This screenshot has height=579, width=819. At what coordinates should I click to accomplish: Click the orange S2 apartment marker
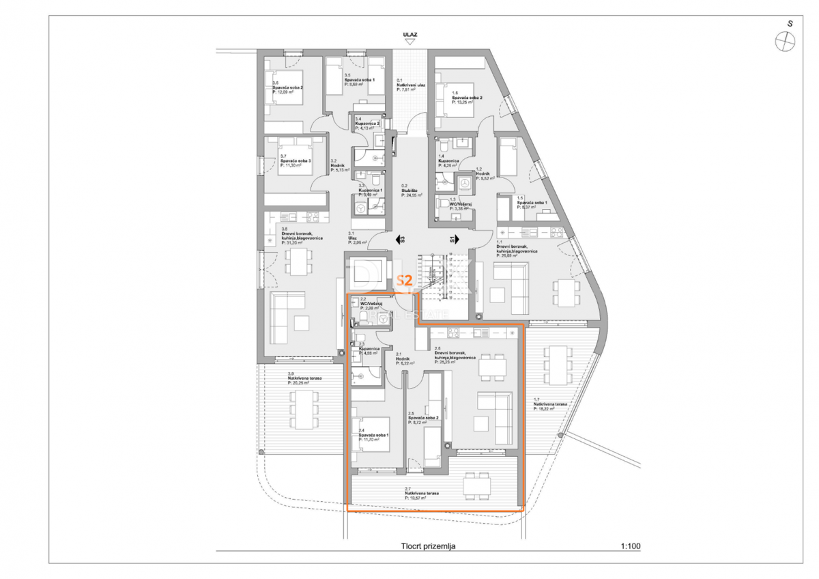click(403, 280)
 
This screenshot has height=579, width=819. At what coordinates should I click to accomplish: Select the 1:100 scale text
click(631, 546)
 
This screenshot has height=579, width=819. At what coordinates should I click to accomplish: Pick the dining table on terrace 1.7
click(558, 365)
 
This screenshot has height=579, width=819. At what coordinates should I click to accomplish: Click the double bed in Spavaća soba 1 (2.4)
click(373, 434)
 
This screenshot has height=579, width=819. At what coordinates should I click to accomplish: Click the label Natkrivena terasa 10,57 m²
click(421, 495)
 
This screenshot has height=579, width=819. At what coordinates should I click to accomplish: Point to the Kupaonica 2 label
click(367, 125)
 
